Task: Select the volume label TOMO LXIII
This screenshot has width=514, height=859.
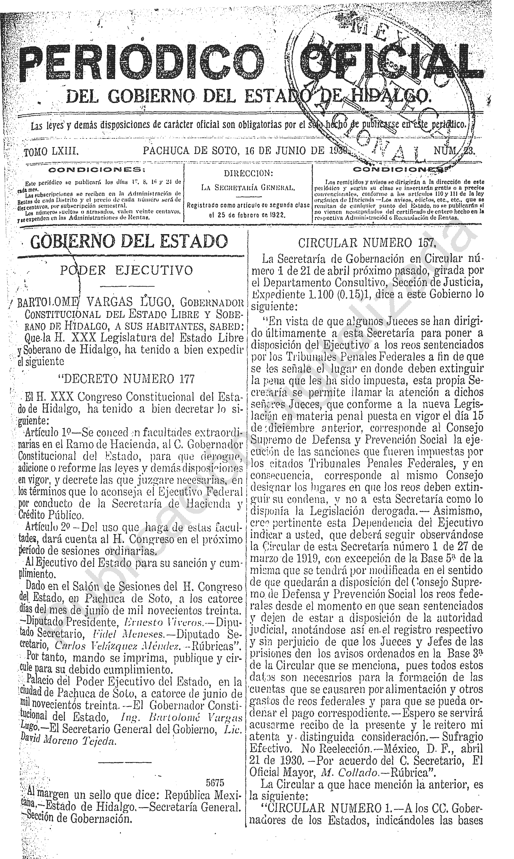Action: click(x=51, y=151)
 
